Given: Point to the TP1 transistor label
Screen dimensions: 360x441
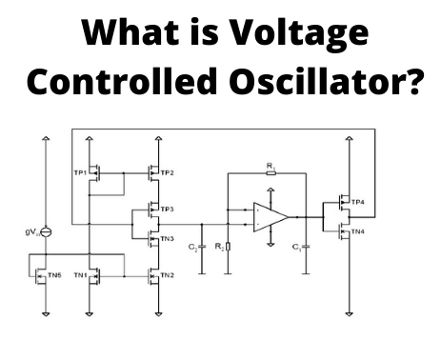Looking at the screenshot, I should [x=79, y=172].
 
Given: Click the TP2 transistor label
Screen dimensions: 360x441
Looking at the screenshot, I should [x=168, y=172].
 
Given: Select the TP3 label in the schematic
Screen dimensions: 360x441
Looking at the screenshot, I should [x=168, y=209].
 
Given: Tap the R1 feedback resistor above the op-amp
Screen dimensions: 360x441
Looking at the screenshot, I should [x=271, y=176].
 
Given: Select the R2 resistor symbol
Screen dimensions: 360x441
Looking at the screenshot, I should [x=228, y=248].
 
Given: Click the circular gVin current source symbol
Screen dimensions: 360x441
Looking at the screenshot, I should [x=46, y=231].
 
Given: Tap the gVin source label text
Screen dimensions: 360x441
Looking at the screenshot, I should [x=30, y=231].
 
